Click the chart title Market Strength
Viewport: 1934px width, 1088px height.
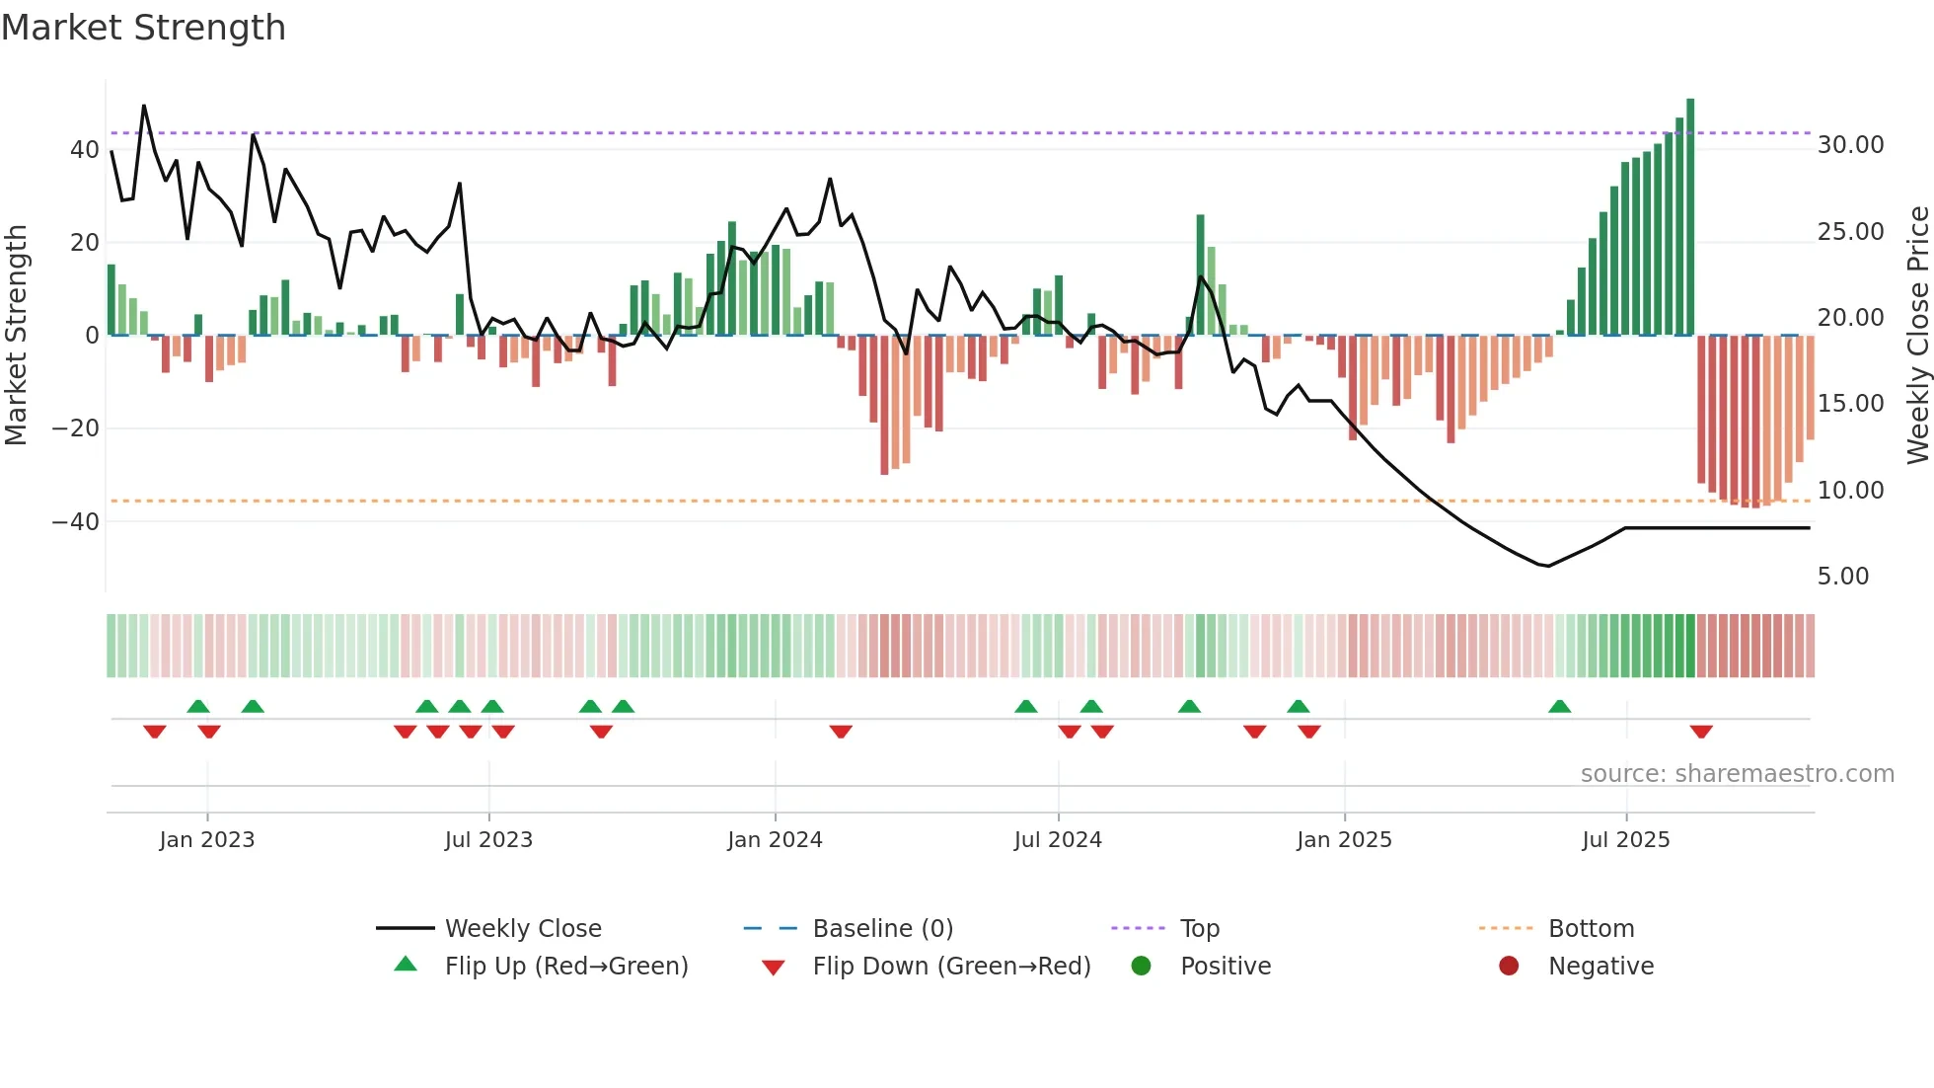pos(143,28)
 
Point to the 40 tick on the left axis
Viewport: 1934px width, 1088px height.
pos(85,150)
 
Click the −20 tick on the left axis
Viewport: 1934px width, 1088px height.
pos(75,428)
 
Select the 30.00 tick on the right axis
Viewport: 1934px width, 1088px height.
pos(1850,145)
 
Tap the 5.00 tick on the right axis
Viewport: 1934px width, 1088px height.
pos(1842,577)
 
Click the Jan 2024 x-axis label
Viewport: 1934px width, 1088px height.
pos(775,840)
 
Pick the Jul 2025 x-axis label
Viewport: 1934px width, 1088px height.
pos(1625,840)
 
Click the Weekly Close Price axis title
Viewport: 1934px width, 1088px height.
pos(1917,336)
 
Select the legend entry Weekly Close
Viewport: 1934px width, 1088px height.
pos(522,929)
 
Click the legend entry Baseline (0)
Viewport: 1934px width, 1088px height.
pos(882,929)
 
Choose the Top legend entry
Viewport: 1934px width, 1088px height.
pos(1199,929)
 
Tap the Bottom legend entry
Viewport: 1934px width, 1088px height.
pos(1591,929)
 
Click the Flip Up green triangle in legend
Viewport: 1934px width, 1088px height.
pos(406,965)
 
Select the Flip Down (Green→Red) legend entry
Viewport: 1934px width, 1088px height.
pos(951,967)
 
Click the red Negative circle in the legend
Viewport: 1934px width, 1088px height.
pos(1509,967)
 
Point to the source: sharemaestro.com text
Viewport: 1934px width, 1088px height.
pos(1737,774)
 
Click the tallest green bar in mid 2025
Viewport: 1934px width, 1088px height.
pos(1690,217)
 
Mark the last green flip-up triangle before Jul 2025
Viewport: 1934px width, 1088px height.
pos(1560,707)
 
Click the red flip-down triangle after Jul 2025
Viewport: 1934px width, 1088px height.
pos(1701,732)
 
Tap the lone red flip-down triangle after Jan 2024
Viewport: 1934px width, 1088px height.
pos(841,732)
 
